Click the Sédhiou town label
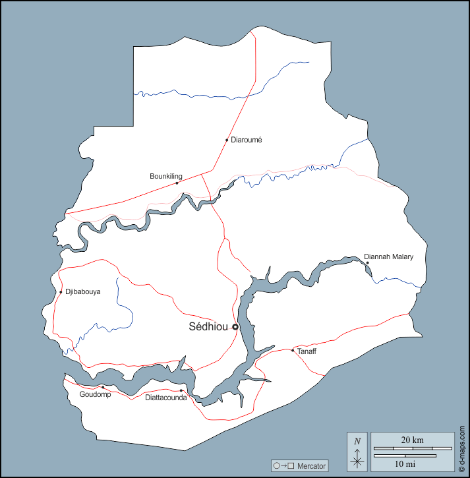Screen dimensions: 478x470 [208, 326]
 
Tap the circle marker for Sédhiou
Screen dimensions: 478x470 [235, 326]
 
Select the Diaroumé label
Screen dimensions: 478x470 [247, 140]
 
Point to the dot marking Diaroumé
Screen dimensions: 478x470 [227, 140]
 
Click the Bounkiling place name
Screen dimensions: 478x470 [166, 176]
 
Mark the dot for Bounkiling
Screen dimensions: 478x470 [177, 183]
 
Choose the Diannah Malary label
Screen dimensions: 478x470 [389, 256]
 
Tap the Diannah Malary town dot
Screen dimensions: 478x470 [367, 262]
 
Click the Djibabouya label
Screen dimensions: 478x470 [83, 291]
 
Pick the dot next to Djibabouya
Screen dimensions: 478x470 [61, 292]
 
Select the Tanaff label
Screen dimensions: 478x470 [307, 351]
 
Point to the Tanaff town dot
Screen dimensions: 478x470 [293, 350]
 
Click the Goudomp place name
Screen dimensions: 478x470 [95, 394]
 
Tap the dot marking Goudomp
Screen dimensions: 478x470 [103, 387]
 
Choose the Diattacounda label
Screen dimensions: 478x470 [166, 398]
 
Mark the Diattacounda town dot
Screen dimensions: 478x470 [181, 391]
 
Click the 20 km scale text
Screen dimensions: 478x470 [412, 439]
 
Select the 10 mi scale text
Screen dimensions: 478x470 [405, 463]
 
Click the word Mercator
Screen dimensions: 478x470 [311, 466]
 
